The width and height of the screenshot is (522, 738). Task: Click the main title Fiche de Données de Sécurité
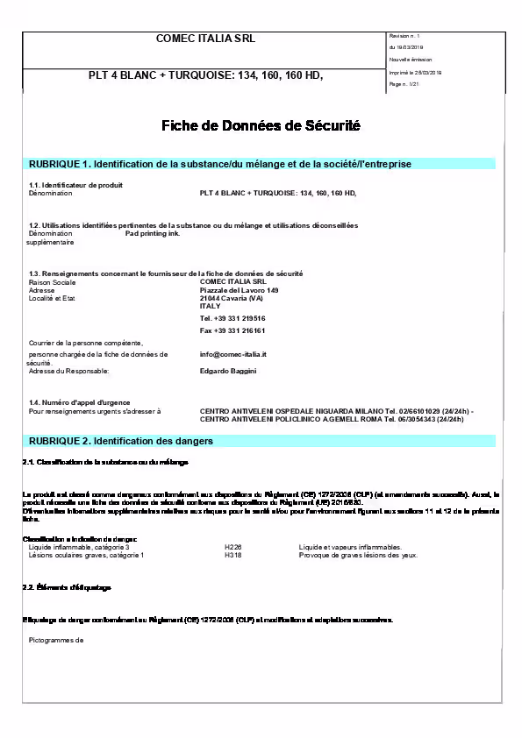coord(261,126)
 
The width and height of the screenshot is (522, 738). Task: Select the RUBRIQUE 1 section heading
coord(220,164)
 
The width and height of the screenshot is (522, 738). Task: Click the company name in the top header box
coord(205,39)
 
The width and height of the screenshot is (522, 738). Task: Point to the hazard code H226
coord(232,547)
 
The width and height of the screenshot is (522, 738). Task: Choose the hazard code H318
coord(232,555)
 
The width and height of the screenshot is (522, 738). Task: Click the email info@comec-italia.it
coord(232,354)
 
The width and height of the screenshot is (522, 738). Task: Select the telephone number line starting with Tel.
coord(232,318)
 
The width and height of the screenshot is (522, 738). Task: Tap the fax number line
coord(232,330)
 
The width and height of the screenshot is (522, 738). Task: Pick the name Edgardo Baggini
coord(228,371)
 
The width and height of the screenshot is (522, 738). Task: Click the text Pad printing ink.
coord(153,234)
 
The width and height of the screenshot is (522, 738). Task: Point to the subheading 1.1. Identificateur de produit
coord(75,185)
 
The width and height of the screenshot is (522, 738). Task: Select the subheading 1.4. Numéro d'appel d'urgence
coord(81,401)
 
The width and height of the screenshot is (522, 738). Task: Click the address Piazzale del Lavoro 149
coord(239,290)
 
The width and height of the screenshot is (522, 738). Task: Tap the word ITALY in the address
coord(211,306)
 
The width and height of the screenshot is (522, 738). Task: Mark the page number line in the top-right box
coord(404,83)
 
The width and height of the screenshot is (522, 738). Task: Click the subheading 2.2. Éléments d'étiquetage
coord(67,586)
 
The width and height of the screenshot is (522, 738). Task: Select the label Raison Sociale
coord(52,282)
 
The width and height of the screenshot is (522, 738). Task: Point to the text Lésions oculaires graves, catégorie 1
coord(86,555)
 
